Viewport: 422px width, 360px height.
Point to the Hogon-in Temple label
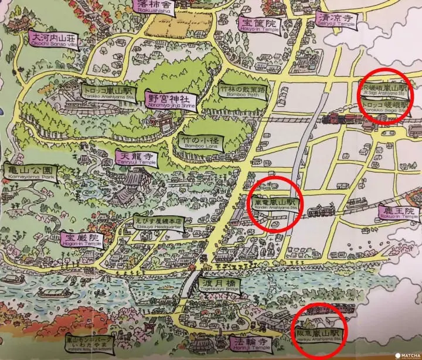pyautogui.click(x=81, y=240)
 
